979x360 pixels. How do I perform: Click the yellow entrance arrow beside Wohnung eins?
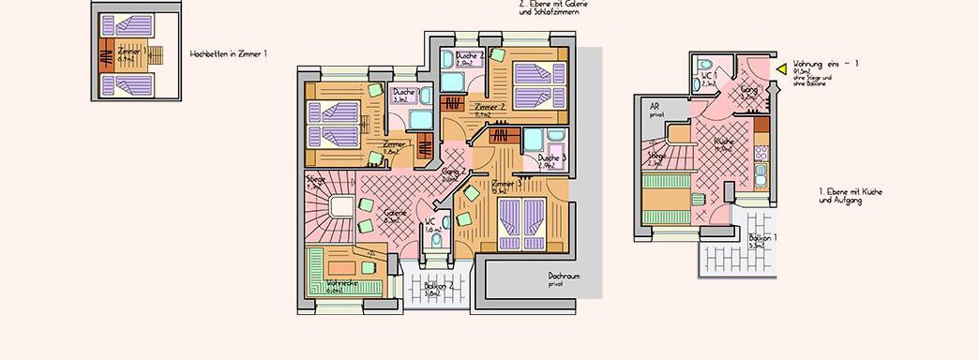click(x=780, y=68)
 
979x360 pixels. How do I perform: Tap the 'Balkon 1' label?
click(x=762, y=240)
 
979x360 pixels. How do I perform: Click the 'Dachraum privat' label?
click(x=563, y=279)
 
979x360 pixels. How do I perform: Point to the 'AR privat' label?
click(x=656, y=110)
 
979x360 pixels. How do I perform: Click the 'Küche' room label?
click(x=723, y=142)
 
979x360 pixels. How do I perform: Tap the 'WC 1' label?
click(x=710, y=78)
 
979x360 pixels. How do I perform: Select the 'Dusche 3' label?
click(x=552, y=161)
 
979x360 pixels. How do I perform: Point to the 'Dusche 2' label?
click(x=470, y=58)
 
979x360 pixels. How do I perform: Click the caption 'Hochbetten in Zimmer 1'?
click(x=228, y=54)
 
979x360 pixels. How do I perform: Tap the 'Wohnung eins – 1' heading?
click(x=825, y=62)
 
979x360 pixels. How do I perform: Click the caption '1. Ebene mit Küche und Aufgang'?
click(x=851, y=195)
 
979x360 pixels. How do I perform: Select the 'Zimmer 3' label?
click(x=506, y=187)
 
